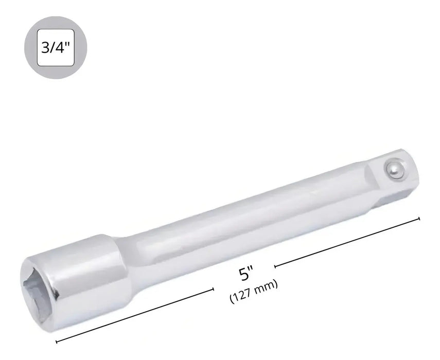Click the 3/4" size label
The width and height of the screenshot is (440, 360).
pyautogui.click(x=55, y=47)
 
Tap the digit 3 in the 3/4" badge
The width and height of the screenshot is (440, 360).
pyautogui.click(x=45, y=47)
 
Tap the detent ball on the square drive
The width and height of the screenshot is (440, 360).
pyautogui.click(x=395, y=169)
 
